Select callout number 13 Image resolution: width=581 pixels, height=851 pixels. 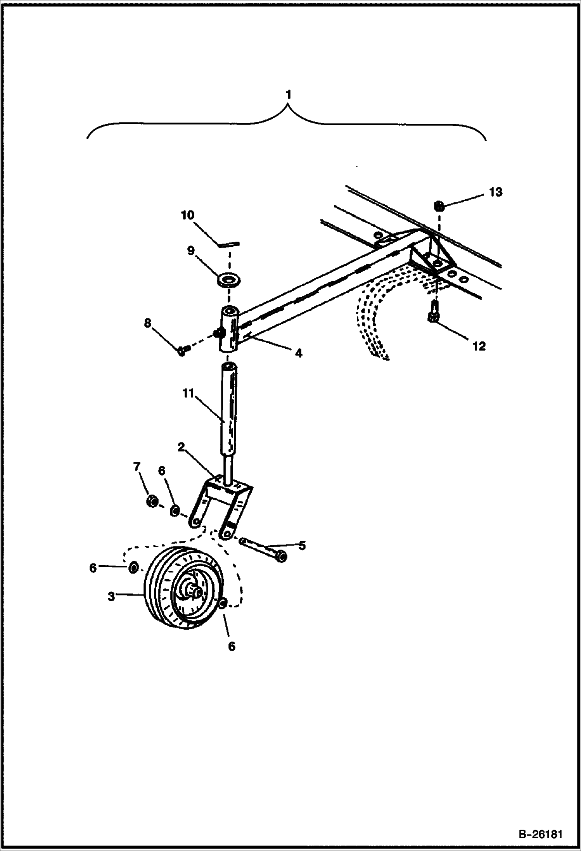click(x=496, y=192)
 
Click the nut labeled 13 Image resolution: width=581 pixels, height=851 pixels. click(x=439, y=206)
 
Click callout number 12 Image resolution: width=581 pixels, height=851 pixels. click(x=479, y=346)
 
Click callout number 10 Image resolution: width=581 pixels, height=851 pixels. click(x=188, y=215)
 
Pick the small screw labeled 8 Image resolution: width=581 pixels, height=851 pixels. click(x=182, y=351)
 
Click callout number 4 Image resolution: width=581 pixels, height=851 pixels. click(x=298, y=353)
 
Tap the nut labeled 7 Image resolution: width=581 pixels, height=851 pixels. click(x=152, y=502)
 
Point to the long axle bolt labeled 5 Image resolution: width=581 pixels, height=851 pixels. click(x=264, y=550)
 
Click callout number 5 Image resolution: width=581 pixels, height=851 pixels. click(x=302, y=545)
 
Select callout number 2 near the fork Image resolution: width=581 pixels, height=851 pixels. click(x=181, y=447)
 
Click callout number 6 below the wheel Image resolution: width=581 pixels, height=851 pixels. click(x=231, y=646)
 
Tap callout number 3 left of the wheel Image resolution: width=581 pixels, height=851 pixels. click(x=111, y=596)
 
